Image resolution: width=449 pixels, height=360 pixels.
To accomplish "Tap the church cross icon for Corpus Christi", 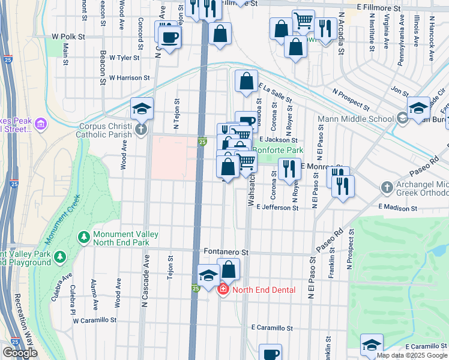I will [x=141, y=129].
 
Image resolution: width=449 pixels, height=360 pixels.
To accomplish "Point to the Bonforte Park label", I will [x=277, y=150].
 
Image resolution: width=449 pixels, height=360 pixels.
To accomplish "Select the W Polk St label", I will [x=69, y=37].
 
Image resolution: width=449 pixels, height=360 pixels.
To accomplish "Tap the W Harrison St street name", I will [x=129, y=78].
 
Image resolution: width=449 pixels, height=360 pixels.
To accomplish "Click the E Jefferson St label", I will [x=277, y=208].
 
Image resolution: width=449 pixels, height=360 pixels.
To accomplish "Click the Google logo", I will [x=20, y=353].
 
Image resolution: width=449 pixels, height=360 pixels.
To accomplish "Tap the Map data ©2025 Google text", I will [x=412, y=355].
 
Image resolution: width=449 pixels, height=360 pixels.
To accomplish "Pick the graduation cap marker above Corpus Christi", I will [x=142, y=108].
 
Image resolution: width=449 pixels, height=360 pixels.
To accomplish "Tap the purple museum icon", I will [x=41, y=124].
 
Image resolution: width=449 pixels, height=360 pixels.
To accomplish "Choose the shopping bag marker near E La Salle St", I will [x=246, y=81].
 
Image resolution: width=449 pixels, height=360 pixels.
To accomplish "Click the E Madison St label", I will [x=397, y=208].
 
